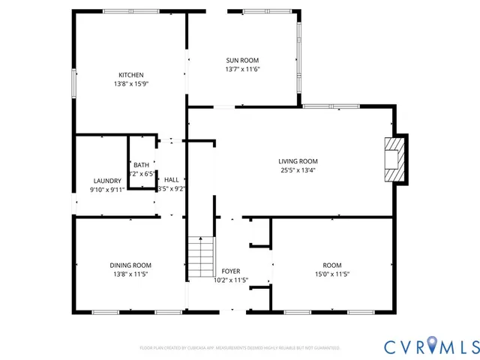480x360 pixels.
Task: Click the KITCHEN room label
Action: tap(130, 75)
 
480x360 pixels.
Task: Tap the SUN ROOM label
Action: tap(242, 60)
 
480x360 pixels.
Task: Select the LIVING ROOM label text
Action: tap(298, 160)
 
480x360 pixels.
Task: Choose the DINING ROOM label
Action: tap(130, 265)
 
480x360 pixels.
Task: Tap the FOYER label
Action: tap(231, 271)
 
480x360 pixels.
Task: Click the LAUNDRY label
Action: tap(107, 181)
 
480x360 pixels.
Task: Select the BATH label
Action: tap(141, 165)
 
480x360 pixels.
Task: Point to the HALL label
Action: tap(172, 180)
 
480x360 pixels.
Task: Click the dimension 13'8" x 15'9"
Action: tap(130, 84)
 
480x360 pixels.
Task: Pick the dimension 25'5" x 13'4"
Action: tap(298, 169)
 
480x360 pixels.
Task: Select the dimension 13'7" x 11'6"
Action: tap(242, 69)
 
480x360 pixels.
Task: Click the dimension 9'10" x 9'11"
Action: tap(107, 190)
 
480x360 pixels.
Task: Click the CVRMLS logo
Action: tap(430, 346)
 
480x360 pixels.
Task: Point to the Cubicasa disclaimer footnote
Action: tap(240, 348)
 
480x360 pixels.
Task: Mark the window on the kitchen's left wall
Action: tap(73, 83)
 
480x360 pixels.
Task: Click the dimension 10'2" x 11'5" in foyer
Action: tap(231, 280)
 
